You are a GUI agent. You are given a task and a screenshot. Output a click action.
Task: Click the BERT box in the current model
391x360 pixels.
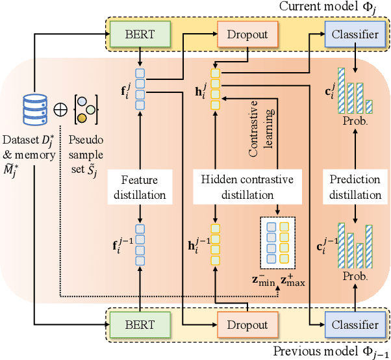coord(140,34)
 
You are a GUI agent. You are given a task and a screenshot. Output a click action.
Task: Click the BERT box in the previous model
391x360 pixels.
coord(140,324)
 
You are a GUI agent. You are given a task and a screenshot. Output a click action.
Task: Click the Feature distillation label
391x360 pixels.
coord(140,187)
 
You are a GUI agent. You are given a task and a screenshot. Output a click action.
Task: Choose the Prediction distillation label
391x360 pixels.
coord(354,187)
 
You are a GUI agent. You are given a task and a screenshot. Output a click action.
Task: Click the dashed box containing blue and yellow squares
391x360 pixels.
coord(277,242)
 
